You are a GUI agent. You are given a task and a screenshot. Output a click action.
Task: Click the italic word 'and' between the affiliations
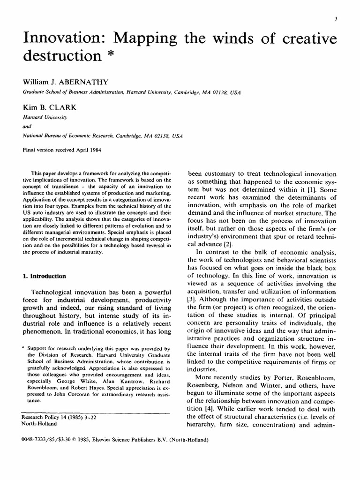[x=28, y=126]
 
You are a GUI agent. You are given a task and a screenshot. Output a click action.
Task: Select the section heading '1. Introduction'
[x=45, y=276]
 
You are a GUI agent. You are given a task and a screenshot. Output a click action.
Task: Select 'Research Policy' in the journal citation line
[x=44, y=417]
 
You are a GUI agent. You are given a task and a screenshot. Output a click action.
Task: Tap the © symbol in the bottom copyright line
[x=72, y=440]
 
